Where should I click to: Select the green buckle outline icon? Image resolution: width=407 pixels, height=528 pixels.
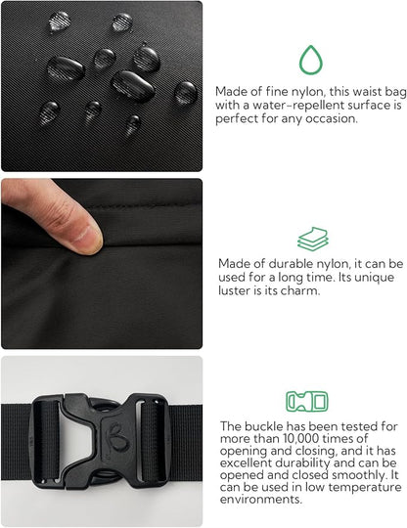point(306,401)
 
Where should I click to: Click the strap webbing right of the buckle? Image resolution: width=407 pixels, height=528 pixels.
point(186,430)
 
